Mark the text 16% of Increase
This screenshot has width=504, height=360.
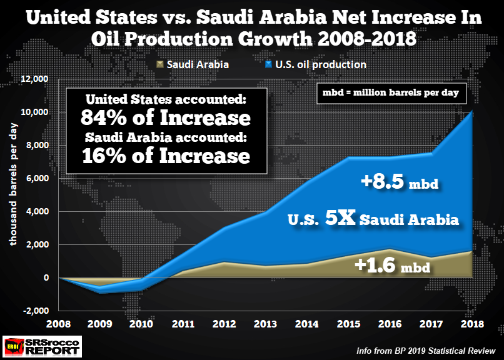coord(165,155)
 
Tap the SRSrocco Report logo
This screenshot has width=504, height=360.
coord(43,346)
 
